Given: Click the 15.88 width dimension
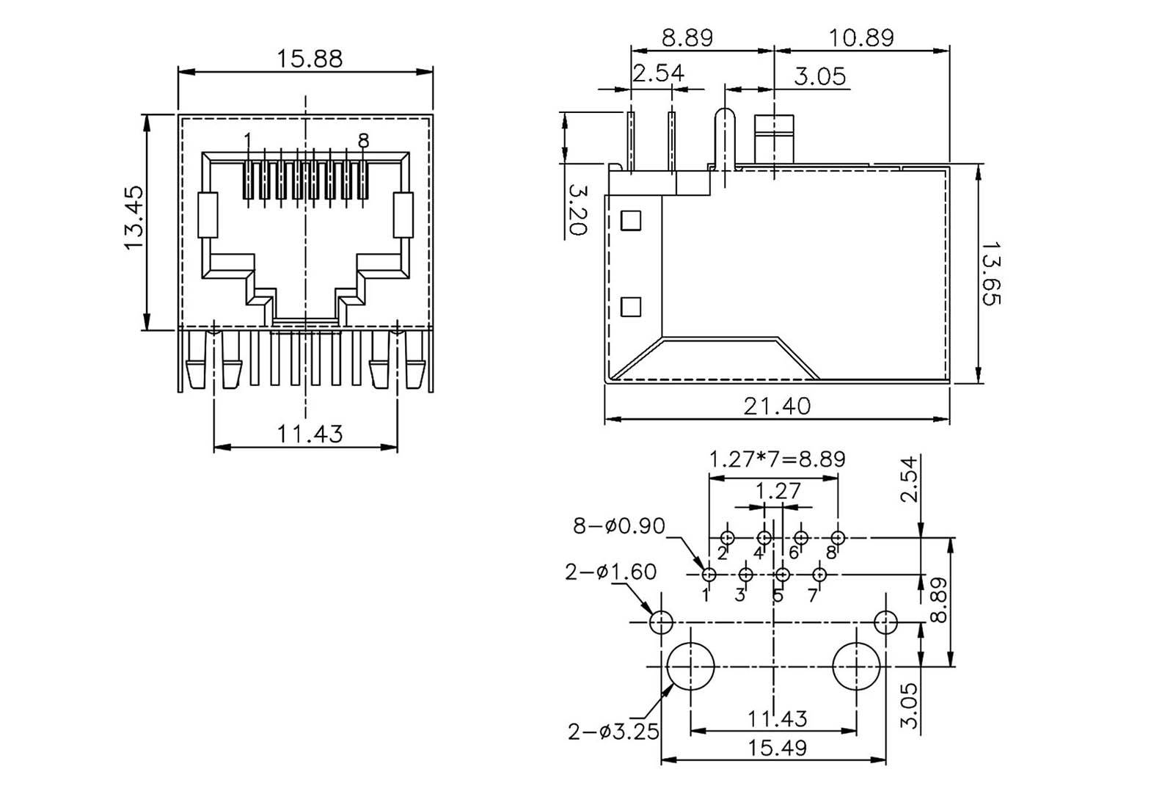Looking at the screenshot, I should (309, 58).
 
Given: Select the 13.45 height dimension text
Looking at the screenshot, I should (135, 217).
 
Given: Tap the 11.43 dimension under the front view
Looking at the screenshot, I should (309, 434).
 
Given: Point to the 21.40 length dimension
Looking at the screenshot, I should (777, 405).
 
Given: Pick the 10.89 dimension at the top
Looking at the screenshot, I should (862, 37).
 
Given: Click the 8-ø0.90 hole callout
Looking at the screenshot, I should (619, 526).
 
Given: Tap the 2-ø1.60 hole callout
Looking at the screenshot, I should (610, 571).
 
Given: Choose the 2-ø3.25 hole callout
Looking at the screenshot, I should (613, 731).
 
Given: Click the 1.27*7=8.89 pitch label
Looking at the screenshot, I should (777, 459).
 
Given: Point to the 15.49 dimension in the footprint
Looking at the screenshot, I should (776, 748).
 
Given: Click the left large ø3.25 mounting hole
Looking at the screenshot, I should (690, 666).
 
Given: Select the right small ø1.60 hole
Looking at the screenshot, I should (886, 623).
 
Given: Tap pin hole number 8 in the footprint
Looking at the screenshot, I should (838, 538).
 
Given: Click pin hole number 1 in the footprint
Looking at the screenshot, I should (709, 574).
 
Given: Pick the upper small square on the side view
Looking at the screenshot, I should (631, 220).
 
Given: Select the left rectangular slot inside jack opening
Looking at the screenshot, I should (208, 215).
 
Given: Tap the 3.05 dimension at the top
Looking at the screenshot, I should (819, 76).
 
